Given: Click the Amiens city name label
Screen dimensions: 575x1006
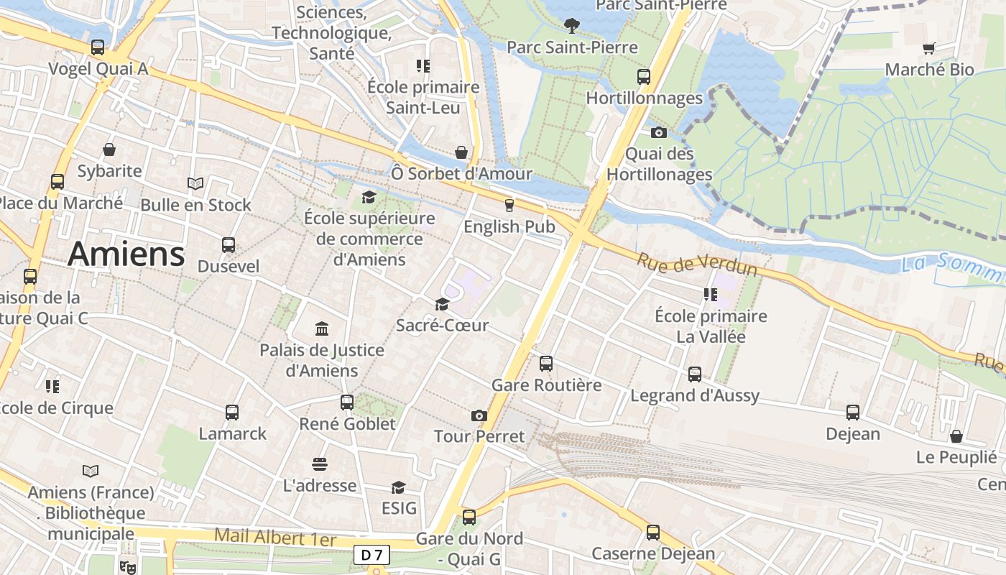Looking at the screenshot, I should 126,254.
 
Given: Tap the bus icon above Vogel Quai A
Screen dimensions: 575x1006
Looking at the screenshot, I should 98,47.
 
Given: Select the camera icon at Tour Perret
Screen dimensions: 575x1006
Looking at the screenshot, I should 479,415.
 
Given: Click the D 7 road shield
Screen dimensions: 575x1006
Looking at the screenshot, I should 372,555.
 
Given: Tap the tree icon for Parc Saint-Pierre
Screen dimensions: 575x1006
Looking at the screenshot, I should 572,27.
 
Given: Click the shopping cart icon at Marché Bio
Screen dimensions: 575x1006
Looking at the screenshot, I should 929,49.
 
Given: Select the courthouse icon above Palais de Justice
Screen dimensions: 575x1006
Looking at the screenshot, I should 322,329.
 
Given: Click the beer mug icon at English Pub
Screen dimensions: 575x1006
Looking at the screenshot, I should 509,206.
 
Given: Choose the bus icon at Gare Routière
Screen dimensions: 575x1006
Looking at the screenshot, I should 546,364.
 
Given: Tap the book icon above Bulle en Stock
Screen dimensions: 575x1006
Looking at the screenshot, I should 195,184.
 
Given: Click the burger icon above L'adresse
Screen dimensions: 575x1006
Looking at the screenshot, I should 320,464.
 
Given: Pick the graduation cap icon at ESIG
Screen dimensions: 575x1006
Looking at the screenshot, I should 398,487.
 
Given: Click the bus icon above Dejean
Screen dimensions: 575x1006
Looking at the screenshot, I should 853,413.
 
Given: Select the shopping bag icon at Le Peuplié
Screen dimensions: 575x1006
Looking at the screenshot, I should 956,436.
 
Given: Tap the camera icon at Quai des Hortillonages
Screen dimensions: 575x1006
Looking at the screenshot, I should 659,132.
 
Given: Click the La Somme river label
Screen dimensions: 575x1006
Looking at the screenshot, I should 952,266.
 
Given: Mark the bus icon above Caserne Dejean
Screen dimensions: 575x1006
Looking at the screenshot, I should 653,533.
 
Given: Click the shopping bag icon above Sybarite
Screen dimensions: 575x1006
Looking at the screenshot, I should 109,149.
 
